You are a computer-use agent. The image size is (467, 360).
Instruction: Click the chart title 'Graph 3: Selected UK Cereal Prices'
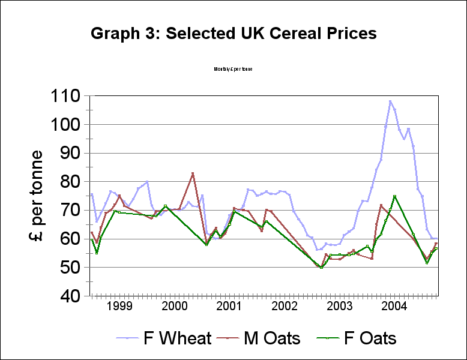(x=233, y=34)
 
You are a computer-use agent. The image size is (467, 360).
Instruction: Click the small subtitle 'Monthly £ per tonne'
(x=233, y=69)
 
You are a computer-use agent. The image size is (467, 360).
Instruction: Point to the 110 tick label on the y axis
(x=66, y=96)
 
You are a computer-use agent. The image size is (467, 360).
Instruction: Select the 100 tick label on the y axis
(x=66, y=125)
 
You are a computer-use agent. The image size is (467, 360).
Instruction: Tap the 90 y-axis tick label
(x=71, y=153)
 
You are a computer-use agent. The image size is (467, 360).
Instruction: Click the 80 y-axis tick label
(x=71, y=182)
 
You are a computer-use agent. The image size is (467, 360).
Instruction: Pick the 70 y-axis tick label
(x=71, y=210)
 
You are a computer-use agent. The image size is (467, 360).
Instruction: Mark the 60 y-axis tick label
(x=71, y=239)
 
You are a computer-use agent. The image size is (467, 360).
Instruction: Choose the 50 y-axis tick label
(x=71, y=267)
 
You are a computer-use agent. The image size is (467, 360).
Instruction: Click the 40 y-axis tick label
(x=71, y=296)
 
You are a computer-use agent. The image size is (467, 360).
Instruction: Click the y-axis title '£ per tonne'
(x=37, y=196)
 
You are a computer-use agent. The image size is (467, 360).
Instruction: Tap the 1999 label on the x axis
(x=118, y=306)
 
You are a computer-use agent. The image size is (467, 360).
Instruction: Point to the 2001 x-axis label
(x=229, y=306)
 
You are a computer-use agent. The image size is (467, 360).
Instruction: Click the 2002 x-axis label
(x=284, y=306)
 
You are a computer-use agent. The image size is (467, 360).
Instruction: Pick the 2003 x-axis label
(x=339, y=306)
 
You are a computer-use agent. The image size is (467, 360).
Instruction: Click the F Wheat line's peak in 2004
(x=390, y=101)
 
